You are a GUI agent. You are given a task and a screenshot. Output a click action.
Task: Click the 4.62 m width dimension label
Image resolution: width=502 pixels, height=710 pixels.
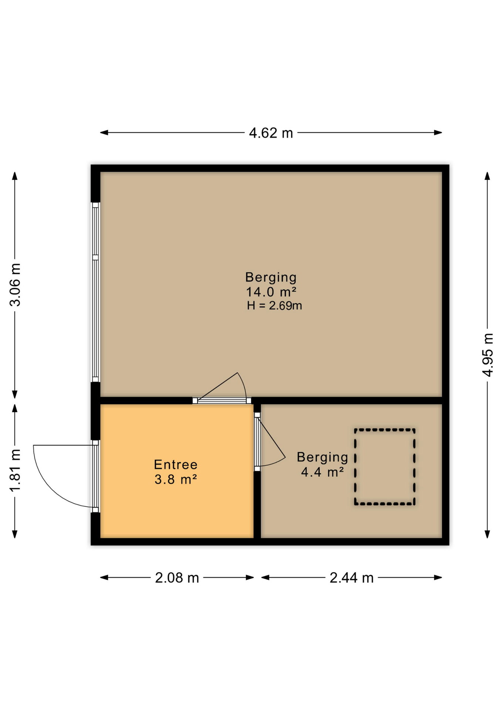271,133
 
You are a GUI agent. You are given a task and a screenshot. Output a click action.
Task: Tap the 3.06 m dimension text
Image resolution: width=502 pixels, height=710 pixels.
15,285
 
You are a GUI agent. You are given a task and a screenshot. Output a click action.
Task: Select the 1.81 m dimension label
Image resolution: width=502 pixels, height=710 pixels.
15,470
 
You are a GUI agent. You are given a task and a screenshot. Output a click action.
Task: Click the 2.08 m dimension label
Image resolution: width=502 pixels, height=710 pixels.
177,578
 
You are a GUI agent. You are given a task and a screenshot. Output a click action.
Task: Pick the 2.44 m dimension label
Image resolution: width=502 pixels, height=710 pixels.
352,578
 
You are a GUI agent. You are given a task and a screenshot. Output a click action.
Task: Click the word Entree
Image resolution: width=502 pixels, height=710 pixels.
176,464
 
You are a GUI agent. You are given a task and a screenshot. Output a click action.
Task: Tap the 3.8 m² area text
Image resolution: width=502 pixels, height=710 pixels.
176,480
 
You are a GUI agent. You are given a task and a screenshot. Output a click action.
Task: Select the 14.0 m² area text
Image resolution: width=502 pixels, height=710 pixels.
271,292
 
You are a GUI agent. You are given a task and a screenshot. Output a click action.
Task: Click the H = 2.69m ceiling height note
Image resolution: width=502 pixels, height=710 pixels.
274,306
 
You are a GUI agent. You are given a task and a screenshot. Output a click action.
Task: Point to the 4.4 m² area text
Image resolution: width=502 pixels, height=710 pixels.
322,472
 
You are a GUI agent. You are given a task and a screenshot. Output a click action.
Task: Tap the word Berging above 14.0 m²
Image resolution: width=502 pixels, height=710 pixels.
271,278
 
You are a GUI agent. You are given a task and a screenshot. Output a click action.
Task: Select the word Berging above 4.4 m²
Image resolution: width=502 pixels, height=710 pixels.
322,458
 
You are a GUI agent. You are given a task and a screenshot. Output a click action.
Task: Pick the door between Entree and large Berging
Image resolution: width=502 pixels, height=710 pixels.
222,400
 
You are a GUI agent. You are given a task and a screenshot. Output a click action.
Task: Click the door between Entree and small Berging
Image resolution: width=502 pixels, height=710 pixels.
257,442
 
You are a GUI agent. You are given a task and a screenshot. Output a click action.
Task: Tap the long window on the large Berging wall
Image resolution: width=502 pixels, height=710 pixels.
96,292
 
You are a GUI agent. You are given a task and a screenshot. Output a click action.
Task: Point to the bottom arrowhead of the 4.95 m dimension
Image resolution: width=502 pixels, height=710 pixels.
488,534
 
